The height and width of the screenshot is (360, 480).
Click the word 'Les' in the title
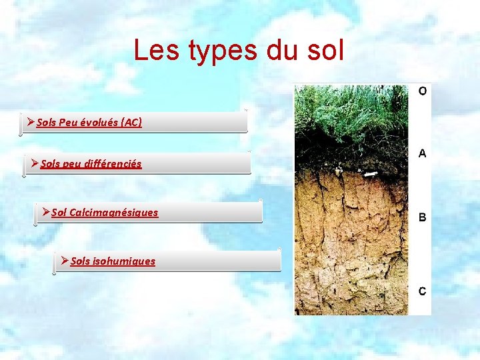pos(155,51)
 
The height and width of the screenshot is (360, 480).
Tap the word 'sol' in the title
pos(323,51)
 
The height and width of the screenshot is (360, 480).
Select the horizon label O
pos(423,91)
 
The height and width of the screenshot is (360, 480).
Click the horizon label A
pos(423,153)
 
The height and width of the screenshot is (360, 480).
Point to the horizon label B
pos(423,217)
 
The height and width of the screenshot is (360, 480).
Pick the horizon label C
pos(423,291)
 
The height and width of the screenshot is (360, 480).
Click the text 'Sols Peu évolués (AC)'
pos(89,123)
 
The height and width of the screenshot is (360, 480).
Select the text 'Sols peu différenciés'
pos(91,163)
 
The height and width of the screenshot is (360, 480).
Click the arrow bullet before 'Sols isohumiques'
pos(64,261)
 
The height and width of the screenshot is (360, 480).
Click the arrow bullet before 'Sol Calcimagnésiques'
pos(45,212)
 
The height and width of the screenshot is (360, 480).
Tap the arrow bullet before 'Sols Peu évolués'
pos(31,123)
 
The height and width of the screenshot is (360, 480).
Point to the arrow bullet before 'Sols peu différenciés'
pos(34,163)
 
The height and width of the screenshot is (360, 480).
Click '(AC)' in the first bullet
pos(131,123)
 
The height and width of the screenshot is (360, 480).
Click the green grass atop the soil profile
pos(350,110)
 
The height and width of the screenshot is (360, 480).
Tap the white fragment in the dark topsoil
pos(369,173)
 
